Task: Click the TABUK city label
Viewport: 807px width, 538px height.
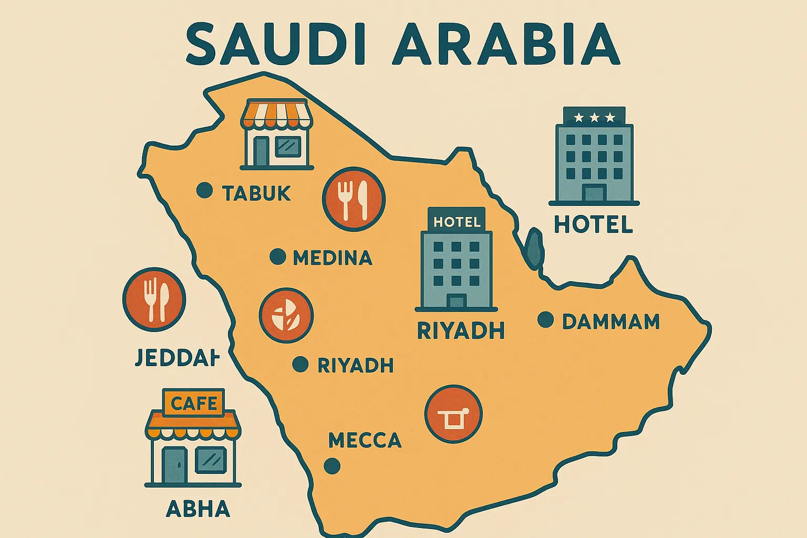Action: point(256,193)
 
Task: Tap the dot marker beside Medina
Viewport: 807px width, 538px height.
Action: point(277,257)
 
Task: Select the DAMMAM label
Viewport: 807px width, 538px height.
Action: point(611,322)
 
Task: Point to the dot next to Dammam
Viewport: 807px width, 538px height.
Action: point(546,319)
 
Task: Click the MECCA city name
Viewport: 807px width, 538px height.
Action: point(365,440)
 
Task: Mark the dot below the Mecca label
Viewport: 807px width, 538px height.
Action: point(332,465)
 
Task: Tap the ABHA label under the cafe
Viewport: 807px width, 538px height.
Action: point(198,509)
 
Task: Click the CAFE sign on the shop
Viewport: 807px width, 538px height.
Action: point(194,403)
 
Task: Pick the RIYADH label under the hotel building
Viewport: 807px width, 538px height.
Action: point(461,331)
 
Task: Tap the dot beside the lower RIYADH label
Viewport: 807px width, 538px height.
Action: point(301,364)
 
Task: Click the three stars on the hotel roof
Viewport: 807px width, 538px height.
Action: point(594,117)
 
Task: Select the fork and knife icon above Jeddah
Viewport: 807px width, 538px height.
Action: point(154,299)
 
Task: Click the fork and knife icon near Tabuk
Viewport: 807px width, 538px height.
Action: point(354,199)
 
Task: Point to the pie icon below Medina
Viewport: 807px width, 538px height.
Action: point(286,316)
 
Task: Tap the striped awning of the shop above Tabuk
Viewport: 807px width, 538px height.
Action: point(276,115)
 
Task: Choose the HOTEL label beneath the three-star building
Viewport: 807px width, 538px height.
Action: point(593,225)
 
